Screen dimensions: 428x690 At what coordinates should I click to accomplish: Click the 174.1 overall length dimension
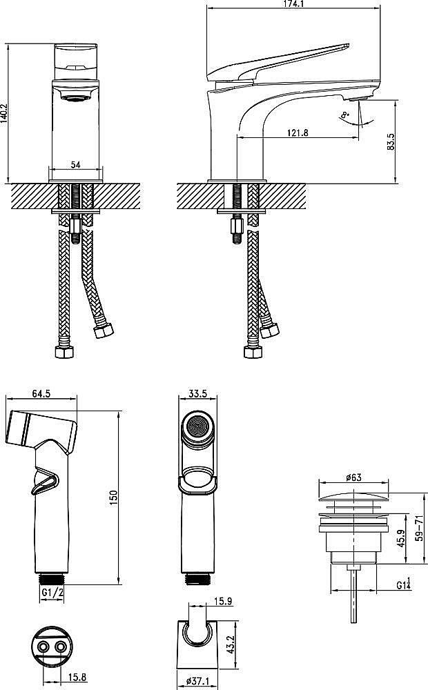click(x=293, y=4)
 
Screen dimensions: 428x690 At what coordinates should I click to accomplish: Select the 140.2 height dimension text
click(x=4, y=113)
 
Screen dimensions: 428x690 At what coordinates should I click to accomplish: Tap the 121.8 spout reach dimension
click(x=298, y=132)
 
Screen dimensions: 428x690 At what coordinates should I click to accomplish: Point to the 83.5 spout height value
click(x=391, y=141)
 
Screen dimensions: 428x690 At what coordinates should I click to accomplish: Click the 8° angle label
click(x=344, y=116)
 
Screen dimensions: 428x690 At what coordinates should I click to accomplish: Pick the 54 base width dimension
click(x=76, y=165)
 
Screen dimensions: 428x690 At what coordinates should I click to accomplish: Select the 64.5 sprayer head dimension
click(x=41, y=393)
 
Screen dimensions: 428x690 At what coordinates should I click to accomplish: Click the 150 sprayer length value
click(x=114, y=497)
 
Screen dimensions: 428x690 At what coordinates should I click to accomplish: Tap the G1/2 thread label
click(x=52, y=592)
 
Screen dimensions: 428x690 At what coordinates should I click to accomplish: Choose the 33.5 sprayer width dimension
click(x=197, y=393)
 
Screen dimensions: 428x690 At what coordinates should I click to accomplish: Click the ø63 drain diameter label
click(x=353, y=477)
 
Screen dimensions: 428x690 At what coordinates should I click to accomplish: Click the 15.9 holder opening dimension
click(x=223, y=601)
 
